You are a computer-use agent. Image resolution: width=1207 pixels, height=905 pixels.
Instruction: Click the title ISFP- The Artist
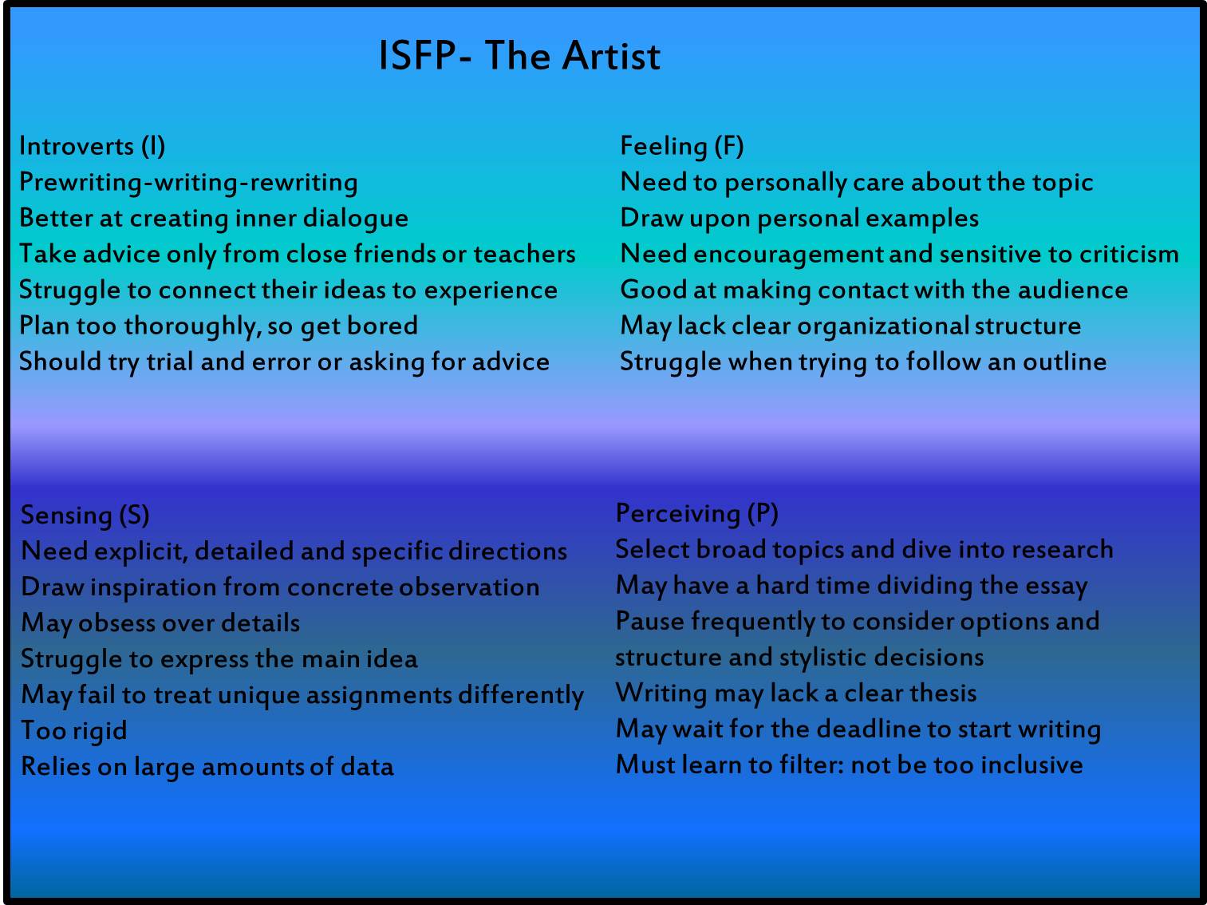[x=519, y=56]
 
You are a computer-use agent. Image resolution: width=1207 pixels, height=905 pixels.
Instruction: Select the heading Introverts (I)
[x=93, y=146]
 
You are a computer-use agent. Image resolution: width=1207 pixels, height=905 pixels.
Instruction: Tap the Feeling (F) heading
[x=682, y=146]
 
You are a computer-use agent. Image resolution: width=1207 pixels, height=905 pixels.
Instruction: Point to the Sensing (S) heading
[x=85, y=515]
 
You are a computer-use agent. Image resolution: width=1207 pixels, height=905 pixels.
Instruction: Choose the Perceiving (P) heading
[x=697, y=513]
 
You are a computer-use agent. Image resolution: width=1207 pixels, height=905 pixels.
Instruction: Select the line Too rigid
[x=74, y=730]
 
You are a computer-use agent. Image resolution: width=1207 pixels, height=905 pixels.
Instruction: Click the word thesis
[x=944, y=693]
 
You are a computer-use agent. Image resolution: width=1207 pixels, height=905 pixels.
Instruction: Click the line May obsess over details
[x=161, y=622]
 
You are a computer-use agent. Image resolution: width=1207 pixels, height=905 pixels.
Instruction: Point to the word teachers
[x=524, y=254]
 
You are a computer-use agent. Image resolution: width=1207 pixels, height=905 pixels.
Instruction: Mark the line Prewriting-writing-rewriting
[x=189, y=182]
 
